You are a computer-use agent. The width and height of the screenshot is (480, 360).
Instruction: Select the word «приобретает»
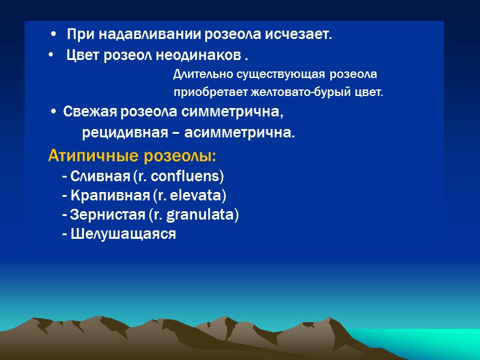205,93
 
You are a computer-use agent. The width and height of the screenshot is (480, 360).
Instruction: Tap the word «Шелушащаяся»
123,234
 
